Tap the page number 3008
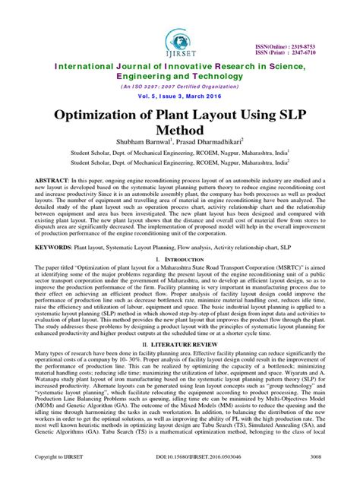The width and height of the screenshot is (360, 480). pos(322,459)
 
